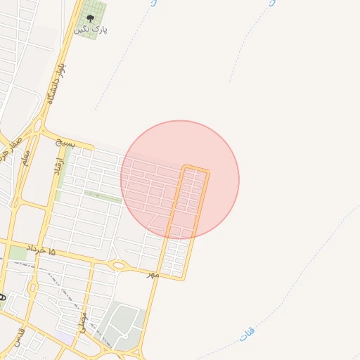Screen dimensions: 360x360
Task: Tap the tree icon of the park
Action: tap(89, 17)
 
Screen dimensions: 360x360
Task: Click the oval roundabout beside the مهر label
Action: tap(119, 265)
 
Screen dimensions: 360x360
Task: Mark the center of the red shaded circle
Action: tap(180, 180)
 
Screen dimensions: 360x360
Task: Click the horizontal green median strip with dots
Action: tap(102, 195)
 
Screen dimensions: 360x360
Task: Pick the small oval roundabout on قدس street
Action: tap(32, 287)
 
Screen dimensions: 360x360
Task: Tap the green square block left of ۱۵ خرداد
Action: tap(17, 252)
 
